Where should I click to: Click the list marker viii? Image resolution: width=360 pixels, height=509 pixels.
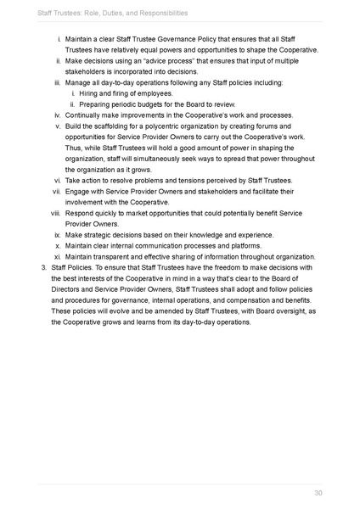[53, 215]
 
